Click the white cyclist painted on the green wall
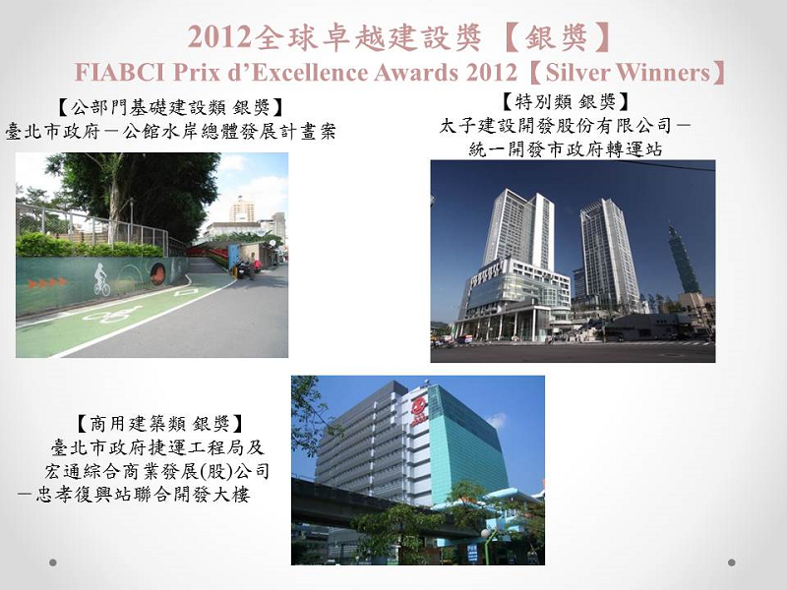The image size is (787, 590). (101, 281)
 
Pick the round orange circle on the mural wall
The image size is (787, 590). (156, 272)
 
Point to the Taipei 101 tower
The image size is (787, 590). (678, 261)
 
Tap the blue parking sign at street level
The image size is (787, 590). (472, 552)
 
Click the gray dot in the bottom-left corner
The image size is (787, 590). (53, 562)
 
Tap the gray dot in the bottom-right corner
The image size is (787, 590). (732, 562)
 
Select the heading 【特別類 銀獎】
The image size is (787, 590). (565, 102)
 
